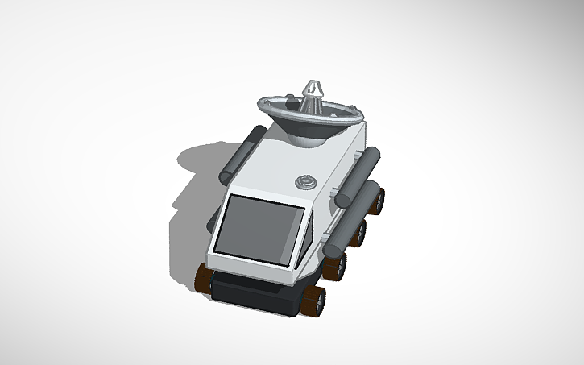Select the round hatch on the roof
click(x=305, y=181)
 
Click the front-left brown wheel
click(x=203, y=277)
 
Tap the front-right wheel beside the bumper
click(x=313, y=300)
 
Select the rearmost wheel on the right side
click(x=376, y=198)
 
